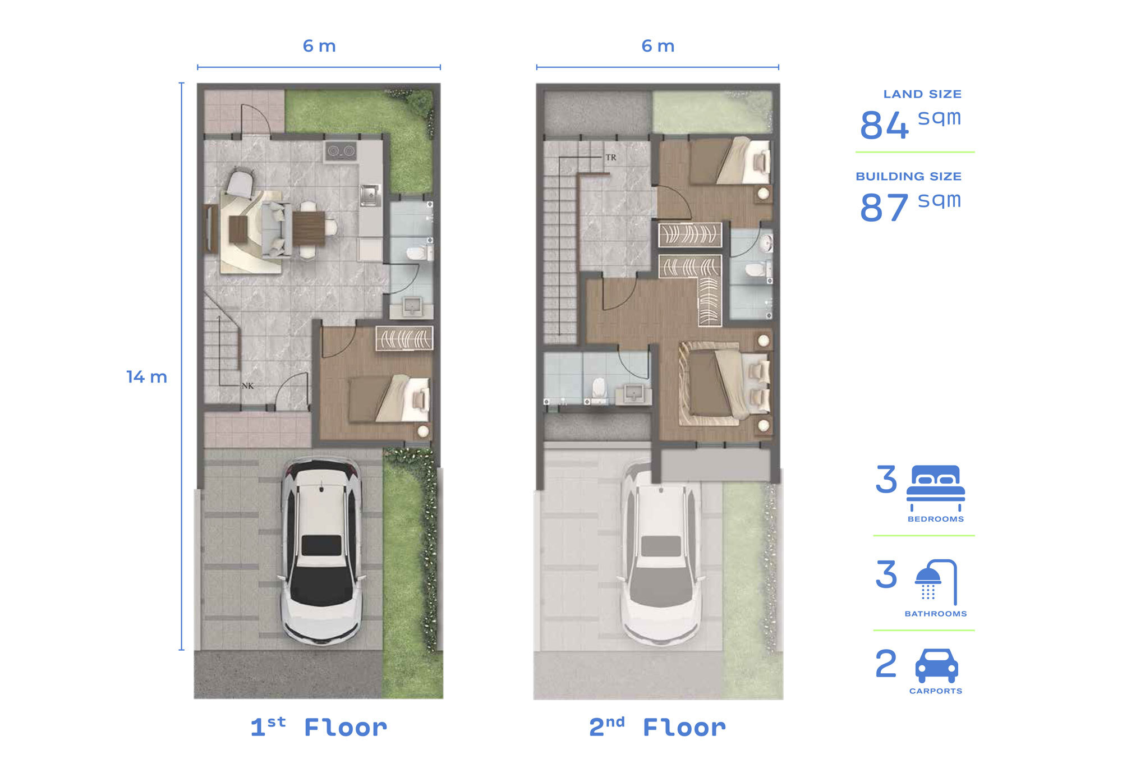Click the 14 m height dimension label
(x=147, y=377)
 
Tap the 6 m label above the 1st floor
(x=319, y=46)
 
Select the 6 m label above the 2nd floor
(x=658, y=46)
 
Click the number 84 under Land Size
(x=884, y=125)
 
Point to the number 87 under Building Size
(x=884, y=208)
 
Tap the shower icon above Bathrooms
(x=936, y=582)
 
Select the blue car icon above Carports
(x=936, y=666)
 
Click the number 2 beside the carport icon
(x=886, y=664)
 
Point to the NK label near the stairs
(x=247, y=386)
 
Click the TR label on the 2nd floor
(x=611, y=158)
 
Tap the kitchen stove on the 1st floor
(x=341, y=151)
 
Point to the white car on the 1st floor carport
(x=321, y=552)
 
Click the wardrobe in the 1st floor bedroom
(x=404, y=339)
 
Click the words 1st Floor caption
(x=319, y=728)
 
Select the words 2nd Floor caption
(x=657, y=728)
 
